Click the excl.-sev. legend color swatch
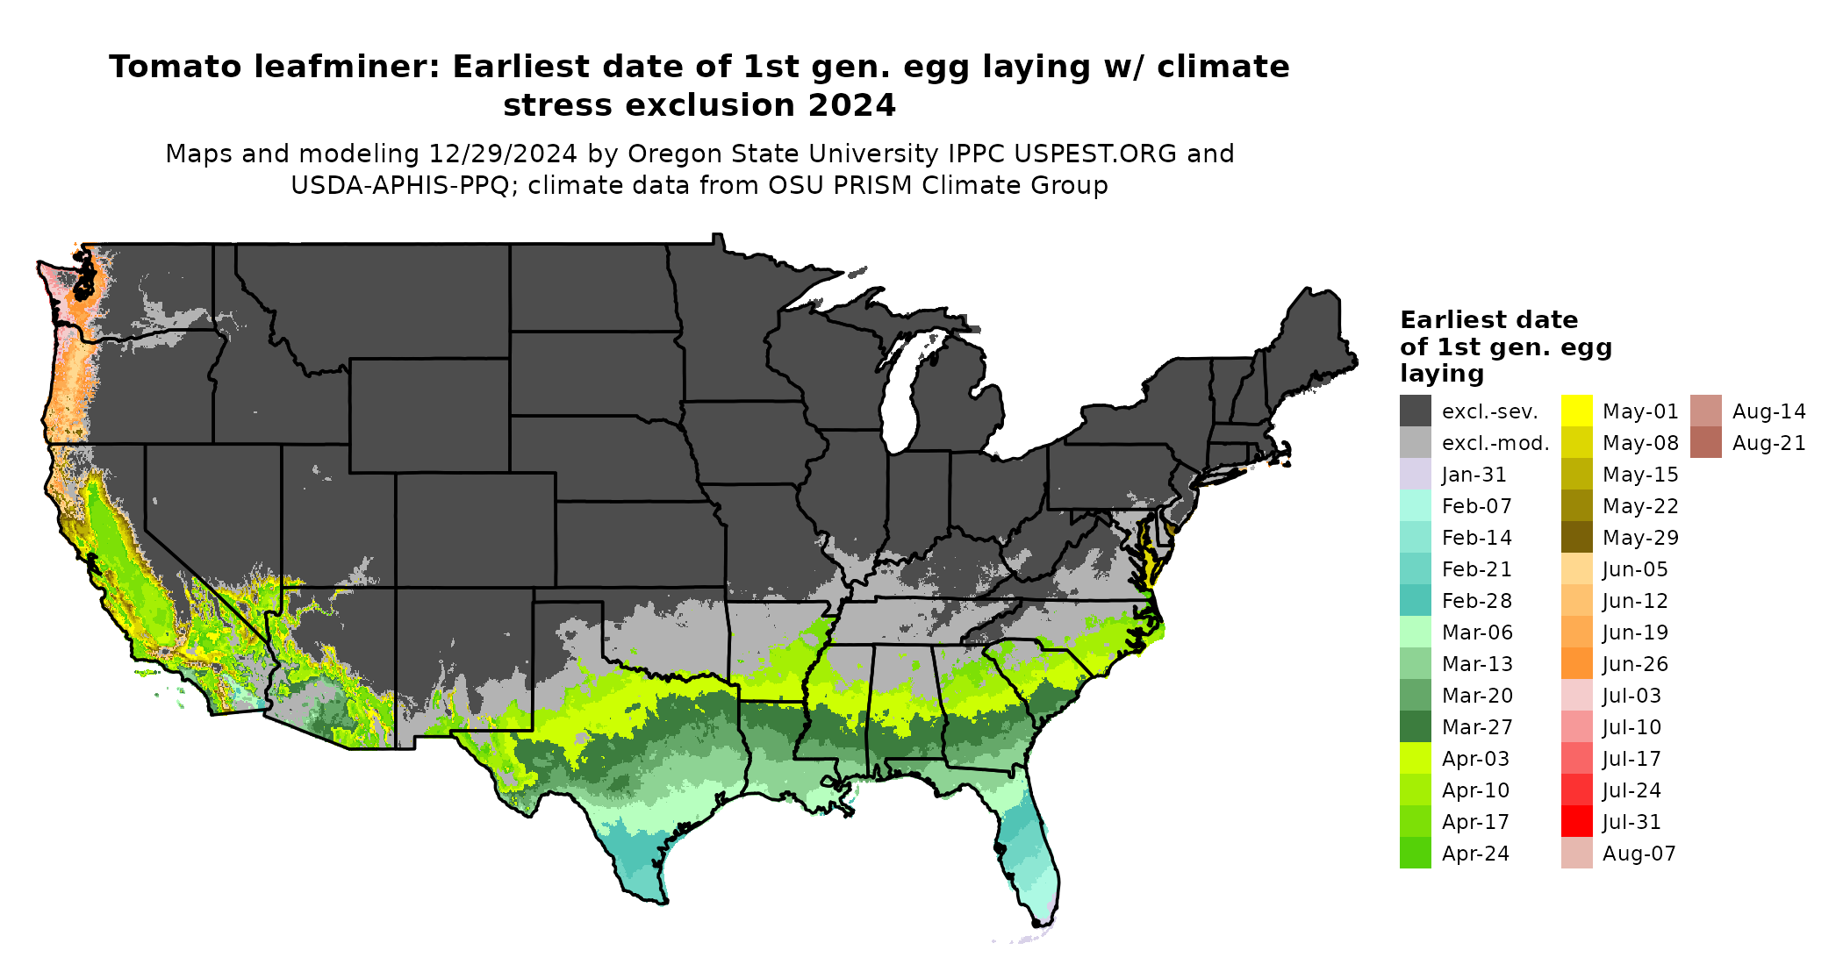tap(1415, 411)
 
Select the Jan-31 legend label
tap(1474, 475)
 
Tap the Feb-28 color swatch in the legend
tap(1415, 601)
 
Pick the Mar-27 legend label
tap(1477, 727)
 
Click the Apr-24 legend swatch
tap(1415, 854)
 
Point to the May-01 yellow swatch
tap(1576, 411)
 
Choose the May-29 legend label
tap(1640, 538)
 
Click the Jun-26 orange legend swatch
tap(1576, 664)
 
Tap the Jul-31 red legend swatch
tap(1576, 822)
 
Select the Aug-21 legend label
tap(1768, 443)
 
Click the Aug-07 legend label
tap(1639, 854)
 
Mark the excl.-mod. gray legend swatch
tap(1415, 443)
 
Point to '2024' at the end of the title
tap(851, 105)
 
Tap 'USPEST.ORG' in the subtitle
tap(1095, 154)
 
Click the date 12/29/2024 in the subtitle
tap(503, 154)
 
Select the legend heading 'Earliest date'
tap(1488, 320)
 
